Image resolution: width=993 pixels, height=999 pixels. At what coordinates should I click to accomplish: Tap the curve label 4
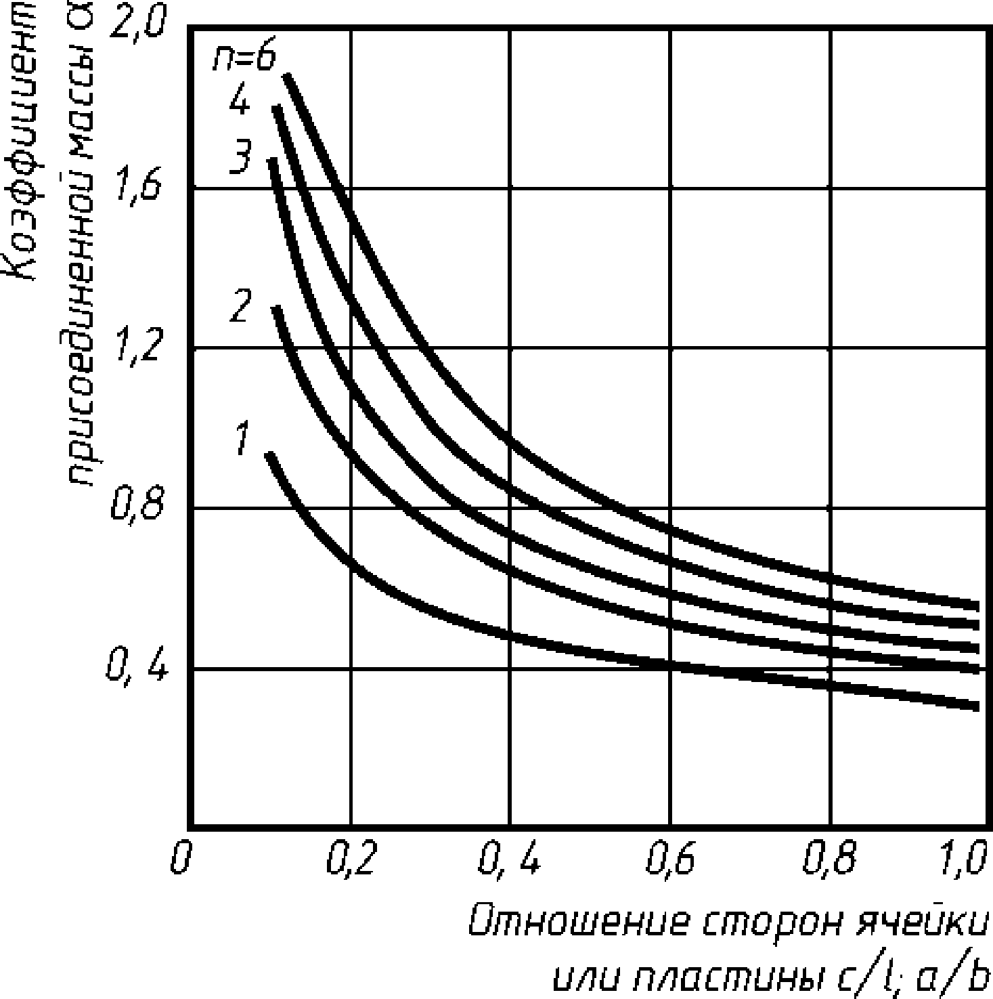pos(238,101)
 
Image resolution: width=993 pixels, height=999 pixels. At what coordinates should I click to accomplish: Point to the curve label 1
pos(242,438)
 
